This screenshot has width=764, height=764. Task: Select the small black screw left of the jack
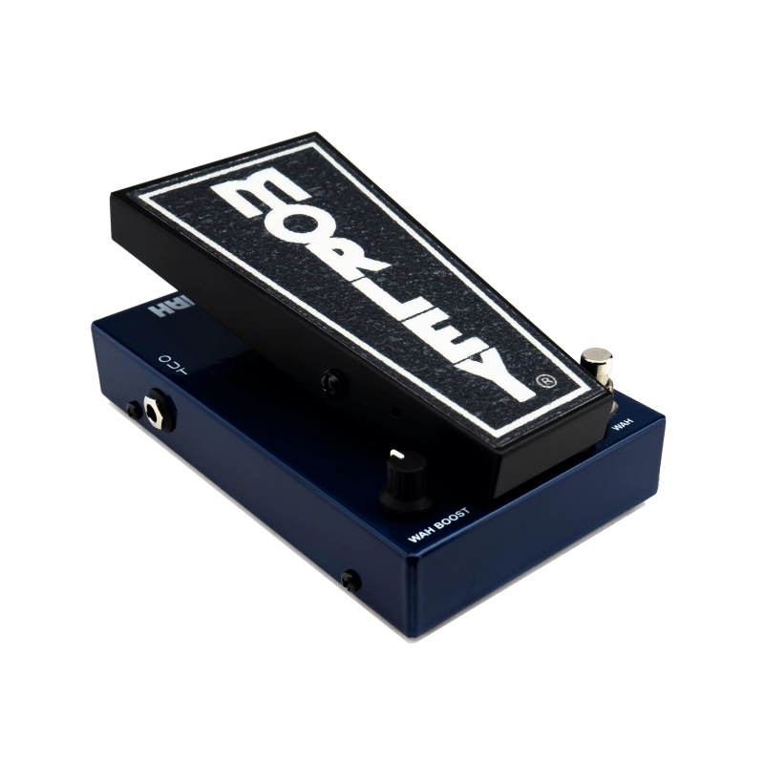tap(134, 410)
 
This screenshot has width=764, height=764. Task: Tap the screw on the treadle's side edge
tap(331, 382)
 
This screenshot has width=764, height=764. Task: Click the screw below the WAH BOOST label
tap(351, 580)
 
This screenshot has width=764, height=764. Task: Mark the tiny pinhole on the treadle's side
tap(395, 414)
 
